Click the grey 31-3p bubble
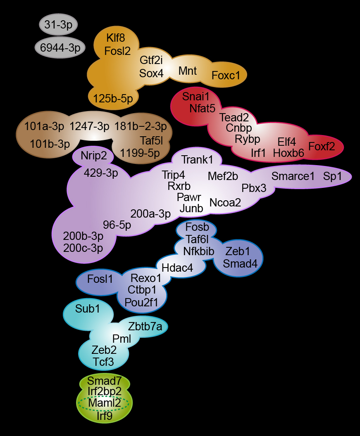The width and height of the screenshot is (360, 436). [x=58, y=25]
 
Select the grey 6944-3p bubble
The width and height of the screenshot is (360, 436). [x=60, y=48]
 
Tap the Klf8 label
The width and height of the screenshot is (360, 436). [x=115, y=38]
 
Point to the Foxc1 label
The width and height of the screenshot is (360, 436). [x=226, y=76]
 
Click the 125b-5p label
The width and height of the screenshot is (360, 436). [x=113, y=98]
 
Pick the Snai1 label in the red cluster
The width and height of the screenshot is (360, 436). [x=196, y=97]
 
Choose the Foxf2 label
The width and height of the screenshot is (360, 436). [x=322, y=146]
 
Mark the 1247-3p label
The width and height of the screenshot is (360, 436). [x=89, y=126]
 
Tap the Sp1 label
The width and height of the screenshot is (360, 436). [x=333, y=176]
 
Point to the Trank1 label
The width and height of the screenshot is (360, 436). [x=198, y=159]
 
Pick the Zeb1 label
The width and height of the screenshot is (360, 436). [x=238, y=251]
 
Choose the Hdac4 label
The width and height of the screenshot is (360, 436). [x=177, y=268]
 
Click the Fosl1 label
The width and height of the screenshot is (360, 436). [x=100, y=279]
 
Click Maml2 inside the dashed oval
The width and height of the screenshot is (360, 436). [x=104, y=403]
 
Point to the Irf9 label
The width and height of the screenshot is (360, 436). [x=105, y=416]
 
